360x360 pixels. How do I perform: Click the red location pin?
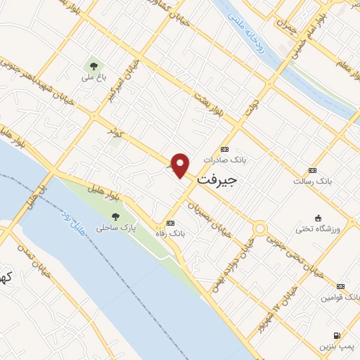pos(181,165)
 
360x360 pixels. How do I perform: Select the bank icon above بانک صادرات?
pos(224,149)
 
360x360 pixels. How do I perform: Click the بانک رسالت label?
pos(313,181)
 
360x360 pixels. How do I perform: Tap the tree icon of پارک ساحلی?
pos(115,217)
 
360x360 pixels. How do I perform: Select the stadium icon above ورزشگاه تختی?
pos(318,217)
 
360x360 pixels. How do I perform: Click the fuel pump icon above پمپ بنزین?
pos(337,335)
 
